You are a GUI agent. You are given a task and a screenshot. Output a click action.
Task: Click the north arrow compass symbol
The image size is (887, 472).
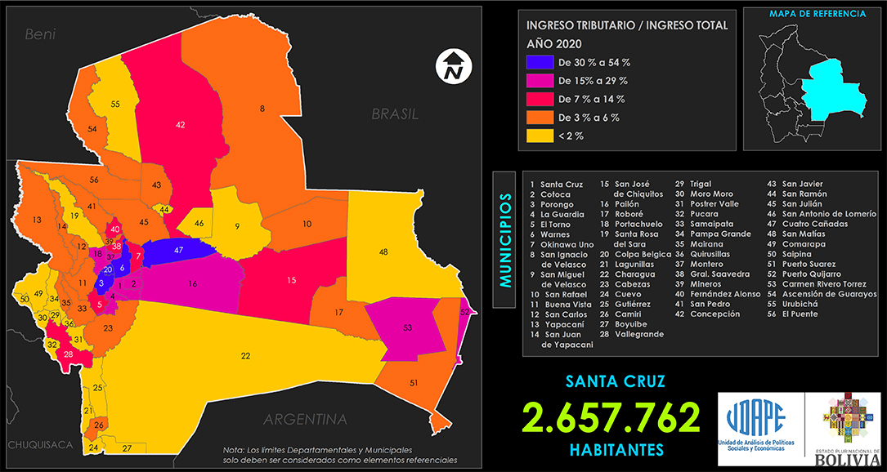pyautogui.click(x=451, y=65)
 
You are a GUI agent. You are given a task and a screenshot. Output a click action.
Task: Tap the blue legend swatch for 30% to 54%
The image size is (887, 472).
pyautogui.click(x=539, y=62)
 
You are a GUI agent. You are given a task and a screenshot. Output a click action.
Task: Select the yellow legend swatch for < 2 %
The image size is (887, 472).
pyautogui.click(x=539, y=136)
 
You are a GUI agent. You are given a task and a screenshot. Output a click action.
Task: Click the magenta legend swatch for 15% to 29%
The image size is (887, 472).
pyautogui.click(x=539, y=81)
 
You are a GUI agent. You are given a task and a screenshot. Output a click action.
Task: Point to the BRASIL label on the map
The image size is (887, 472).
pyautogui.click(x=395, y=114)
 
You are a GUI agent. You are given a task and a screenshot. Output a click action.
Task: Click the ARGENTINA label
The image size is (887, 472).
pyautogui.click(x=305, y=420)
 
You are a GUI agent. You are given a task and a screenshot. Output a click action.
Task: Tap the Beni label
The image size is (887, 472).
pyautogui.click(x=39, y=34)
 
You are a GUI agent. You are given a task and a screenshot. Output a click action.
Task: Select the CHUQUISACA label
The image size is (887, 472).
pyautogui.click(x=40, y=445)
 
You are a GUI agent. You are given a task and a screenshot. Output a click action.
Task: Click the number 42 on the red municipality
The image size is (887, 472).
pyautogui.click(x=181, y=125)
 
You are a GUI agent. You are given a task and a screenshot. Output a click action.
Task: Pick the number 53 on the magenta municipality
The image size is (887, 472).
pyautogui.click(x=407, y=328)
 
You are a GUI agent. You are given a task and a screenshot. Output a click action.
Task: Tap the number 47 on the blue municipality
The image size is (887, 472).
pyautogui.click(x=178, y=248)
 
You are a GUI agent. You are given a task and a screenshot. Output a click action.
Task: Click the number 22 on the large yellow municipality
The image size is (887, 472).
pyautogui.click(x=245, y=355)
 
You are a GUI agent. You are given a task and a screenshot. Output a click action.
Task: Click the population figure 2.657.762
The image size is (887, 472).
pyautogui.click(x=613, y=417)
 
